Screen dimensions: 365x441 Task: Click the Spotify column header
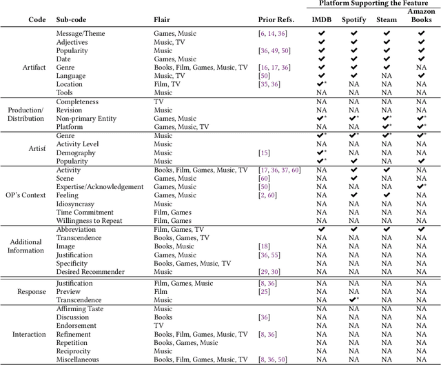(x=353, y=20)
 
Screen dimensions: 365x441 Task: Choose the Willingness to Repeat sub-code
(x=90, y=221)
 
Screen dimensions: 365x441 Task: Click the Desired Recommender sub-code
(x=90, y=271)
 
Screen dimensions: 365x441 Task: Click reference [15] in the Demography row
(x=264, y=152)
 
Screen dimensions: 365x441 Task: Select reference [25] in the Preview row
(x=264, y=291)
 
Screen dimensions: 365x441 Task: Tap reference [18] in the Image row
(x=264, y=246)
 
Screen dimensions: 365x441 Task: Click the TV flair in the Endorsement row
(x=158, y=325)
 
